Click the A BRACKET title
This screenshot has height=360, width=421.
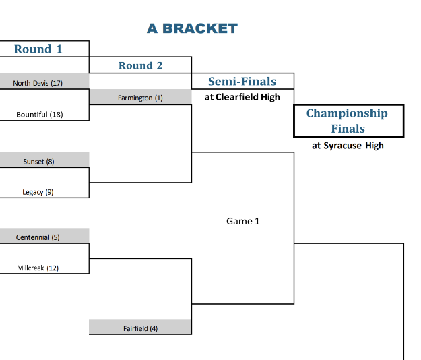[x=192, y=28]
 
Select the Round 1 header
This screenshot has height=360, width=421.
[x=38, y=49]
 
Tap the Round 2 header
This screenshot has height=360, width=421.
[x=140, y=65]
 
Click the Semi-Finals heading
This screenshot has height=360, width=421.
[x=242, y=82]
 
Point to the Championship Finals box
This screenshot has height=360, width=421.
[x=348, y=121]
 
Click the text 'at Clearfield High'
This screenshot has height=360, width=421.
[x=242, y=97]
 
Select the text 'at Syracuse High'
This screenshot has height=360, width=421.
[x=348, y=145]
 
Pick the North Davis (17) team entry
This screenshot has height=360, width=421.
[x=38, y=83]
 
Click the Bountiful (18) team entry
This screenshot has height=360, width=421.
[x=39, y=115]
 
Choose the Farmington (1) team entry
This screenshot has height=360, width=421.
[x=140, y=98]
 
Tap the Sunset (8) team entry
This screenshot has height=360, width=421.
[x=38, y=162]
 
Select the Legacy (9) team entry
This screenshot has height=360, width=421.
[x=38, y=192]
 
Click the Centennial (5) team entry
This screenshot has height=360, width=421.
[x=38, y=237]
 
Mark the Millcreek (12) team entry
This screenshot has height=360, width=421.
[x=38, y=268]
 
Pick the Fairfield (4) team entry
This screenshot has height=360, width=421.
[x=140, y=328]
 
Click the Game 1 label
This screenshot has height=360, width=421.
[x=242, y=221]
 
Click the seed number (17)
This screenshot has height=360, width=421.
[x=57, y=83]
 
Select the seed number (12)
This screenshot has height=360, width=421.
[x=53, y=268]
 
